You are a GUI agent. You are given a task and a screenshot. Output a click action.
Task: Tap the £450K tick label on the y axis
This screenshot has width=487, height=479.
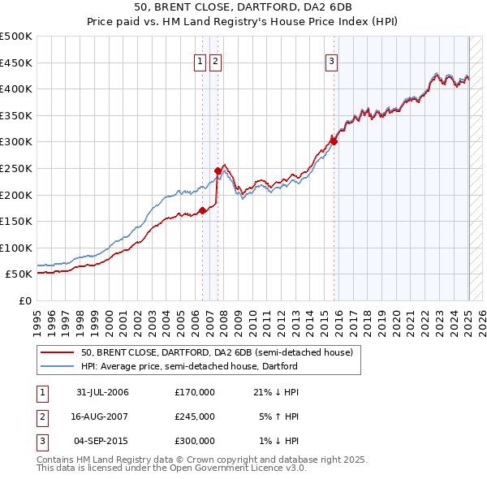tap(16, 63)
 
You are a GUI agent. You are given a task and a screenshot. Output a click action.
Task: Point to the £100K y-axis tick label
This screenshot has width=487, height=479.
tap(16, 248)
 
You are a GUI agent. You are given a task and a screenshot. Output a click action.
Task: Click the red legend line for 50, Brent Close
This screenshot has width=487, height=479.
tap(57, 353)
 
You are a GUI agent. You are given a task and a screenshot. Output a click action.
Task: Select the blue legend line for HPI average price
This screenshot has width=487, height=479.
tap(57, 367)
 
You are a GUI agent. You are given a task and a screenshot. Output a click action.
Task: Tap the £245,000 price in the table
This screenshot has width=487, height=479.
tap(194, 416)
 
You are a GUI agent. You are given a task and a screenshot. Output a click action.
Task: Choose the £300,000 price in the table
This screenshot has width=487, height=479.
tap(194, 441)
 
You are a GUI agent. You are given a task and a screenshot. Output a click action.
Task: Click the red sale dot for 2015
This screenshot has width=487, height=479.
tap(334, 141)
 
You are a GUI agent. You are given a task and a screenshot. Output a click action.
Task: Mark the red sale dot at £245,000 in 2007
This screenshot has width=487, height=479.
tap(218, 170)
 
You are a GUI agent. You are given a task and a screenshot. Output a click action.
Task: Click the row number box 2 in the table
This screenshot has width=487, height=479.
tap(41, 416)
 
